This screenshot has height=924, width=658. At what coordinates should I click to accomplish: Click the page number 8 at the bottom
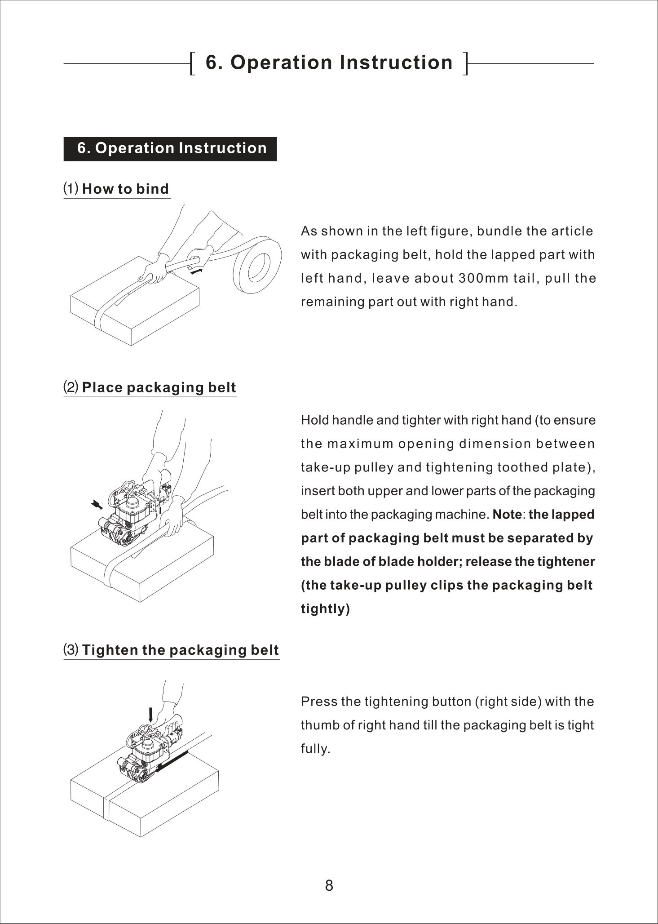coord(329,886)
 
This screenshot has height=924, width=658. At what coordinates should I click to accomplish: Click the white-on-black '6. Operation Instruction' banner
coord(170,149)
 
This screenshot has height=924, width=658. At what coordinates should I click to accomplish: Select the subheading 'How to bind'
coord(125,189)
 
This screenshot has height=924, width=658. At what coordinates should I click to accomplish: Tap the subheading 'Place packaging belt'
coord(159,388)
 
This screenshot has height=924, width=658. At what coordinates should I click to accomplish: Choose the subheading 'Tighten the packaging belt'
coord(181,650)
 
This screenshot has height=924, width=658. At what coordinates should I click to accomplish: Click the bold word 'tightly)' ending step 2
coord(325,609)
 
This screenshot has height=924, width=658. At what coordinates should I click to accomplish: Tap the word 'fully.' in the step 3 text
coord(315,749)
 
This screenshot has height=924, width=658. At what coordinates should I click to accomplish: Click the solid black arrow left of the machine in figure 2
coord(96,505)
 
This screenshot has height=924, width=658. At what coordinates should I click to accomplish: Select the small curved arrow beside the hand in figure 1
coord(196,271)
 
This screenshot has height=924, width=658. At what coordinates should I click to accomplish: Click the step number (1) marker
coord(71,189)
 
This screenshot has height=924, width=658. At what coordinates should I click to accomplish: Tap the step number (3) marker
coord(71,650)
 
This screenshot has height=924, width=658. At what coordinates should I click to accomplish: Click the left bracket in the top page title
coord(193,63)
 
